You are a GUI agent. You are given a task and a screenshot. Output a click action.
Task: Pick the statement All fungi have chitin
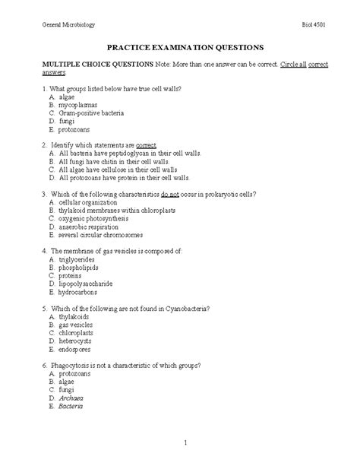(x=118, y=161)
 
